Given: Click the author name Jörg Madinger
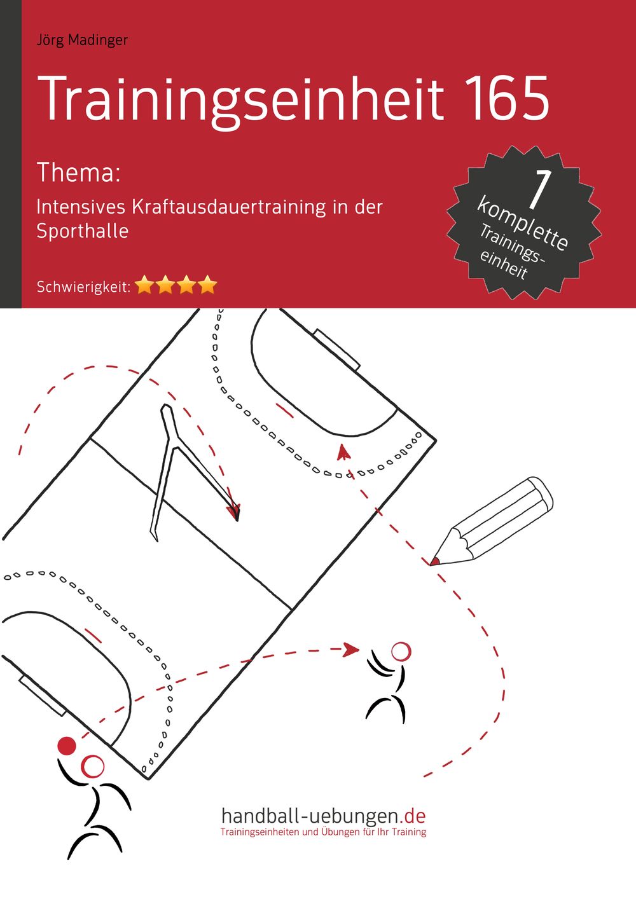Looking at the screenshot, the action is [x=82, y=41].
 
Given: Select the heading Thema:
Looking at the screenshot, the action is [x=79, y=173].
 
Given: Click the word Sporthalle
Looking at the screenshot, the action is [x=82, y=231].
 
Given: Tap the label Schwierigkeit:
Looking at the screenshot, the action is [x=84, y=287].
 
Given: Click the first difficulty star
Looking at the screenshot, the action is [x=145, y=285].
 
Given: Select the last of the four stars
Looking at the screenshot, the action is [x=207, y=285].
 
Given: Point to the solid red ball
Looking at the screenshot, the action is [x=67, y=746].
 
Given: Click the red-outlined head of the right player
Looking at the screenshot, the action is [x=401, y=651].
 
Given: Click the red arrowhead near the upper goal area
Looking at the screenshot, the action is [x=343, y=452].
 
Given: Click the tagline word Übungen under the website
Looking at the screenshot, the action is [x=336, y=832].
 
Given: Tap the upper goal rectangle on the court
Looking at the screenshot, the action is [x=336, y=349].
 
